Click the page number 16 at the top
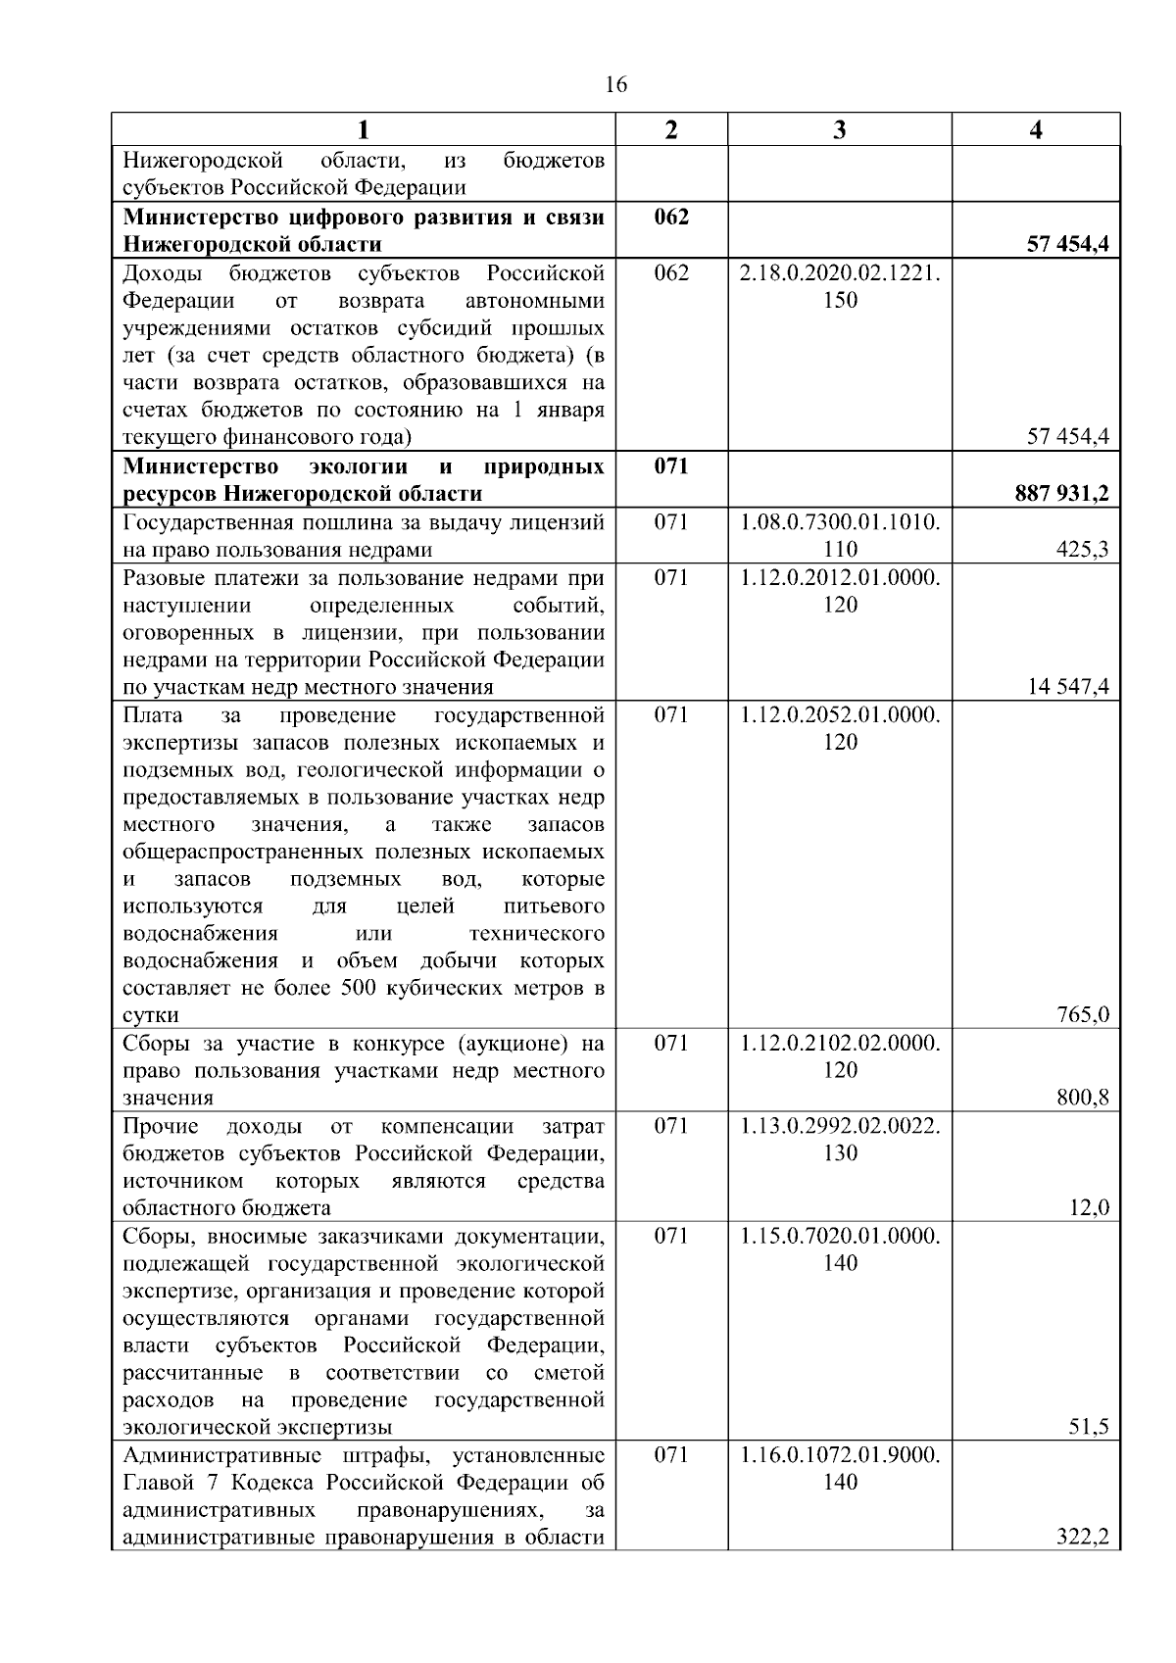616,84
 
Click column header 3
839,129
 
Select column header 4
1036,129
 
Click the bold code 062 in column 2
671,217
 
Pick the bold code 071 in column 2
671,466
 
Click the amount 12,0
1088,1208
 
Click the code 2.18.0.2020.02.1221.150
840,286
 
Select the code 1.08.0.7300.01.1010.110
840,536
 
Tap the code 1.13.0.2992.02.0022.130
840,1140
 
